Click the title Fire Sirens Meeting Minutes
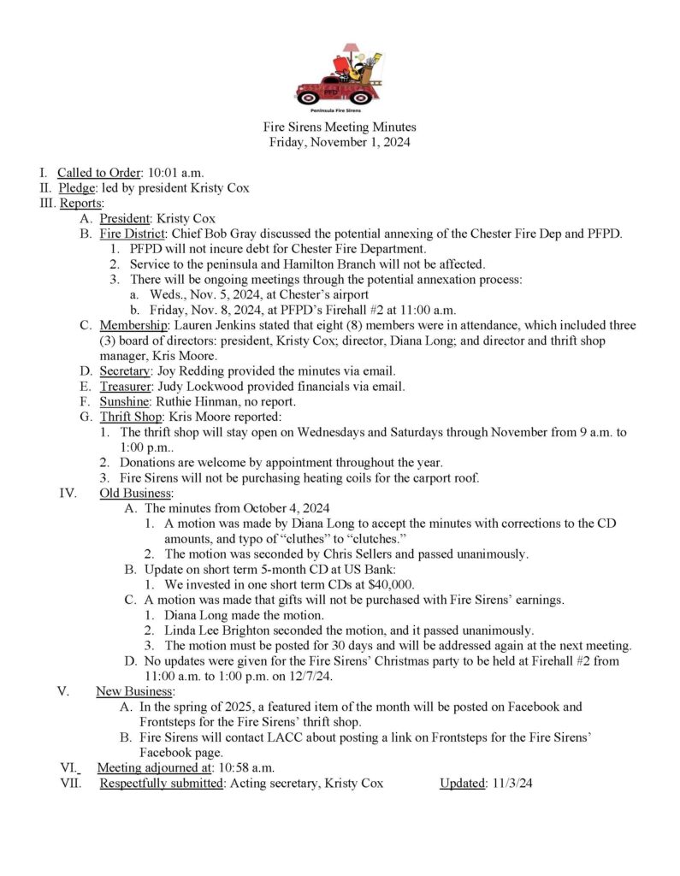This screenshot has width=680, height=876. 340,127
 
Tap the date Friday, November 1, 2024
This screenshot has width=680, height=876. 340,143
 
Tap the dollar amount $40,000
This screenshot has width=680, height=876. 387,584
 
